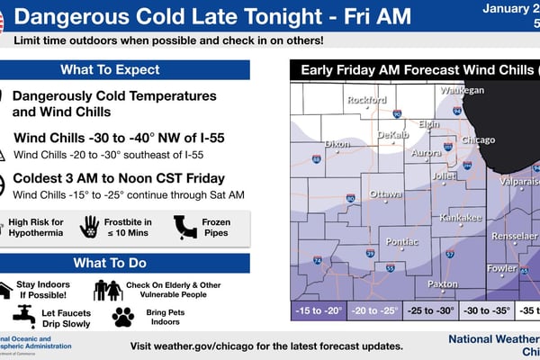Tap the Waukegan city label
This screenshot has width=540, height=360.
(x=462, y=91)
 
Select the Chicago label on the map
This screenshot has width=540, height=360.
(x=477, y=140)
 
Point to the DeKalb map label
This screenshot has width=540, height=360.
(x=394, y=134)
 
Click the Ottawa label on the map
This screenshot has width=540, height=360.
(x=386, y=194)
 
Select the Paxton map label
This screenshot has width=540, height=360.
(x=442, y=283)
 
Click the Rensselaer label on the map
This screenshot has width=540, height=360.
(x=515, y=236)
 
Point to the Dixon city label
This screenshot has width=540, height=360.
(x=337, y=144)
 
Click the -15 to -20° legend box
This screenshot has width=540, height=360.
(x=319, y=311)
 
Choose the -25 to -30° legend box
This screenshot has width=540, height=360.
(x=429, y=311)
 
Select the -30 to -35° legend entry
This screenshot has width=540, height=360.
(x=483, y=311)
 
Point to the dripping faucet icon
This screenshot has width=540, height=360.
(x=24, y=315)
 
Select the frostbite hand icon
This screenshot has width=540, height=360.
(x=89, y=227)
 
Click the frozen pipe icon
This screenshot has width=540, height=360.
(x=185, y=226)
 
